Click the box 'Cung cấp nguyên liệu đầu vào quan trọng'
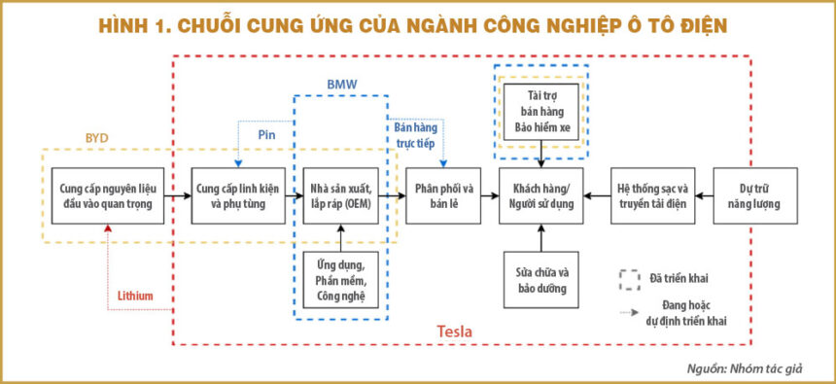(108, 195)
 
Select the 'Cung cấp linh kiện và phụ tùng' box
(238, 195)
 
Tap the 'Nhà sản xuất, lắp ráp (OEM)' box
(341, 195)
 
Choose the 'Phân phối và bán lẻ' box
(443, 195)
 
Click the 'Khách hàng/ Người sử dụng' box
(541, 195)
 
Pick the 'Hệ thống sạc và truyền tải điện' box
(653, 195)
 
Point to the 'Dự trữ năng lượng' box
(755, 195)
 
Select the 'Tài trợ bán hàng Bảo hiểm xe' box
(541, 112)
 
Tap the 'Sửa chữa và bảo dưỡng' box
(541, 280)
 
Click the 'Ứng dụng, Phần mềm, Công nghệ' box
(341, 280)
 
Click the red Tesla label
(455, 332)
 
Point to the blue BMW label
(342, 85)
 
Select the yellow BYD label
(97, 138)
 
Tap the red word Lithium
(135, 296)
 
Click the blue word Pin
(266, 135)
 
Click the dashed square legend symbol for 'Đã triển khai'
(630, 279)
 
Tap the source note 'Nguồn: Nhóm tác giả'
(745, 368)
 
